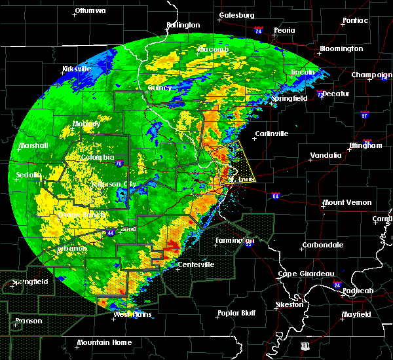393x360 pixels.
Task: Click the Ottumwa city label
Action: pyautogui.click(x=90, y=11)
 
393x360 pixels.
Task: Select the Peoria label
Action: pyautogui.click(x=284, y=30)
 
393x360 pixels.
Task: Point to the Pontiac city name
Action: pyautogui.click(x=354, y=21)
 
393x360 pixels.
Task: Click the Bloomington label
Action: pyautogui.click(x=341, y=49)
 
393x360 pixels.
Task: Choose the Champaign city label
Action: pyautogui.click(x=371, y=75)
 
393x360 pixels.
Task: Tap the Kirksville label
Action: pyautogui.click(x=77, y=69)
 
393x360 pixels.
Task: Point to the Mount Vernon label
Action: pyautogui.click(x=347, y=203)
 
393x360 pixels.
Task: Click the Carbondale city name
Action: pyautogui.click(x=322, y=245)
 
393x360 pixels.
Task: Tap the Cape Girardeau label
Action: pyautogui.click(x=306, y=274)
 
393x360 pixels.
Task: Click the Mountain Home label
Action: pyautogui.click(x=103, y=343)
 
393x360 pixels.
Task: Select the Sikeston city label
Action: pyautogui.click(x=289, y=304)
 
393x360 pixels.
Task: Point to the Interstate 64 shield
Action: pyautogui.click(x=276, y=195)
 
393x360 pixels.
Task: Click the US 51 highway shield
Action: pyautogui.click(x=305, y=344)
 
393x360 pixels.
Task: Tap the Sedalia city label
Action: pyautogui.click(x=29, y=175)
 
